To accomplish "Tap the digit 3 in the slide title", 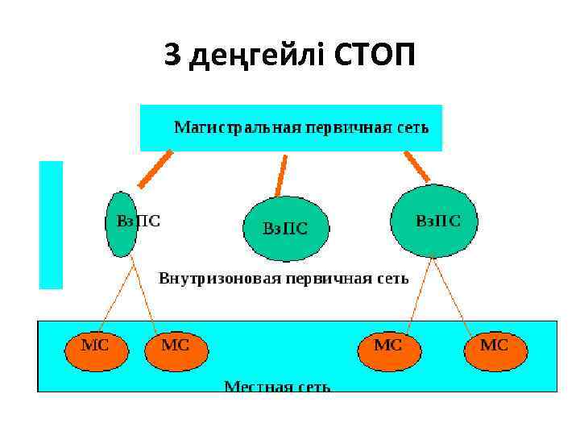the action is (x=172, y=56).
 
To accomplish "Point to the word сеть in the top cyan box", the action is (x=411, y=127).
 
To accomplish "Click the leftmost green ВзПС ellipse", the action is (x=121, y=224).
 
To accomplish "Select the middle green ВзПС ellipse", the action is (x=286, y=226).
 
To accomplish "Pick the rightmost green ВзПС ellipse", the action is (x=434, y=221).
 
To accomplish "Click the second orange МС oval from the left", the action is (x=176, y=346).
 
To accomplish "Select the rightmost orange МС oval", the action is (x=495, y=346).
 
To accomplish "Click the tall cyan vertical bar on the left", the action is (x=51, y=224).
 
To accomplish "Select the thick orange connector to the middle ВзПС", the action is (x=281, y=175).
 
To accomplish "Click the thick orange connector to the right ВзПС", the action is (x=416, y=167).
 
